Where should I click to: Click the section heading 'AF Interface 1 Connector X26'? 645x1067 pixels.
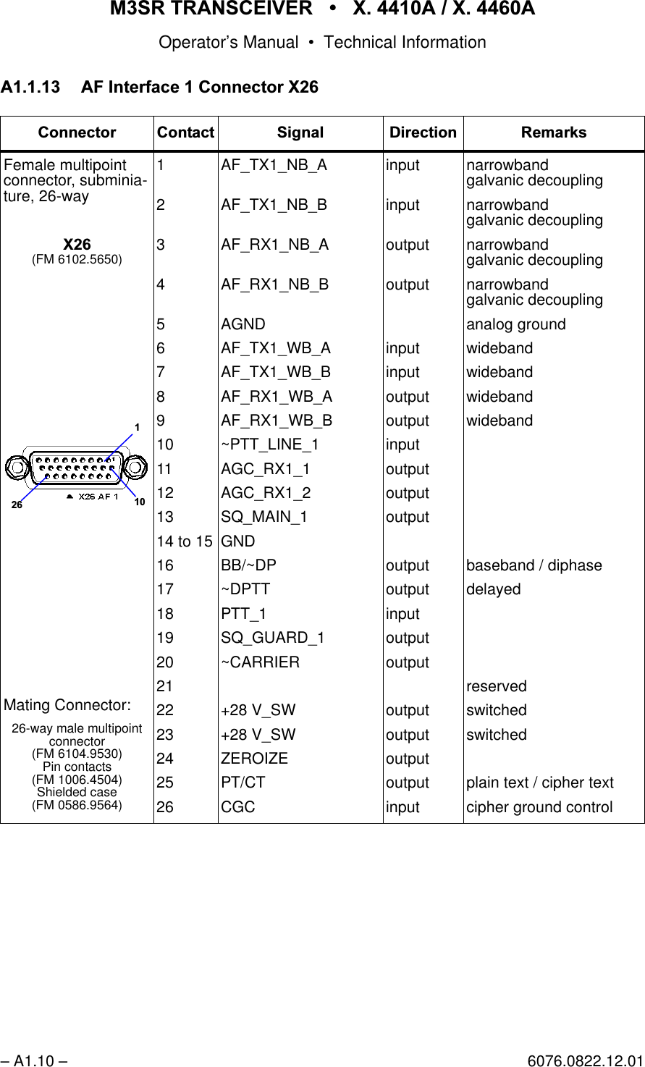[199, 88]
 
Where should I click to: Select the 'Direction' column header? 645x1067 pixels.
[423, 132]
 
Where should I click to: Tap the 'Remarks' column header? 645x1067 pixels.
[554, 132]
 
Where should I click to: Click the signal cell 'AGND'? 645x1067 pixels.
[243, 324]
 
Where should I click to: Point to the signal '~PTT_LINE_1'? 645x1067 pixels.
[269, 444]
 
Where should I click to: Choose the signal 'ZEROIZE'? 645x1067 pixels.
[254, 759]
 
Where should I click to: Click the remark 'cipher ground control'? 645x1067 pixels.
[539, 807]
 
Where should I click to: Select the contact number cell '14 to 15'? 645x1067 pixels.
[185, 541]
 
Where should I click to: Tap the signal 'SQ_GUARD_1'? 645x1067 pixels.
[273, 638]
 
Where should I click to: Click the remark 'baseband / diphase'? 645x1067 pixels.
[534, 565]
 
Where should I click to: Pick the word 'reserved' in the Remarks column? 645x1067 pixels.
[497, 686]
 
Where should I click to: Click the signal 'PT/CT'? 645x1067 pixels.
[243, 783]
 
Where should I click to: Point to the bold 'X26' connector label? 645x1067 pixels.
[77, 245]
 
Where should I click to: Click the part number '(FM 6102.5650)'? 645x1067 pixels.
[77, 258]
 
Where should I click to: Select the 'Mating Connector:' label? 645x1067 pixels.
[67, 705]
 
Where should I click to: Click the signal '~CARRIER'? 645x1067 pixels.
[260, 662]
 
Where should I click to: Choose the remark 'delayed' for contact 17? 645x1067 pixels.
[493, 590]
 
